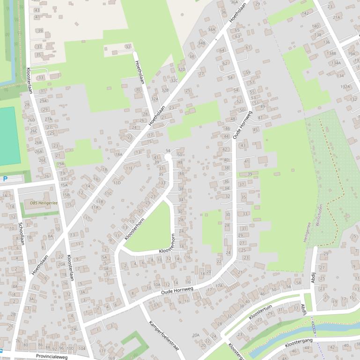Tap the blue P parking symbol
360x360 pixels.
click(6, 179)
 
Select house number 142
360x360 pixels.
click(305, 14)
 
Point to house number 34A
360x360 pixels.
click(211, 29)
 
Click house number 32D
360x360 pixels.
click(181, 69)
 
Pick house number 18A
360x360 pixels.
click(118, 154)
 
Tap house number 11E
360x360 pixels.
click(129, 168)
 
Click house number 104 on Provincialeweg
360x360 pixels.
click(82, 348)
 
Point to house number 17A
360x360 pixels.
click(219, 285)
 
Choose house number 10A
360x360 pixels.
click(157, 284)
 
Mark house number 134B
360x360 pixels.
click(331, 53)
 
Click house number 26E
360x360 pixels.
click(42, 160)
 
